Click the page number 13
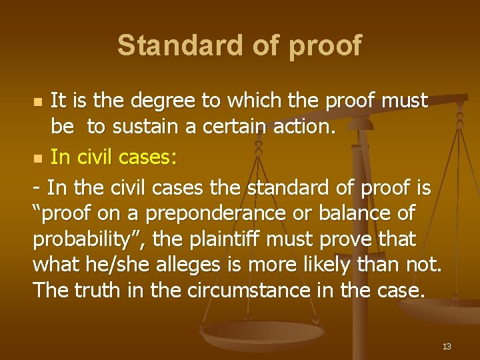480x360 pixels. tap(446, 346)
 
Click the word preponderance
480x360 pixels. tap(208, 215)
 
